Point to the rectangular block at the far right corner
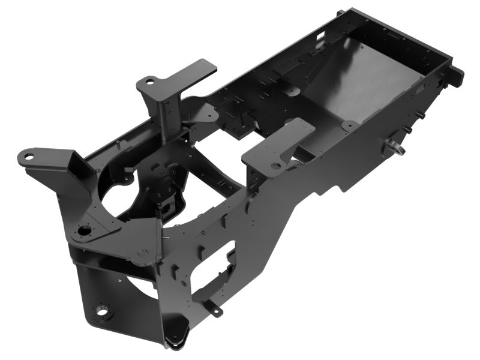pos(456,75)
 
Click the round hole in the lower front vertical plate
pos(103,311)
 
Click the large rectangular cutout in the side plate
pos(213,264)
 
